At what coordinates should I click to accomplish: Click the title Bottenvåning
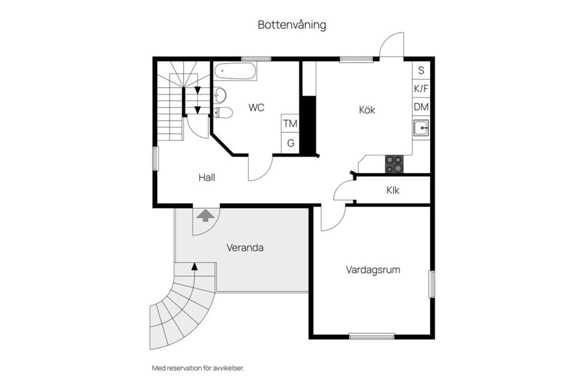[292, 25]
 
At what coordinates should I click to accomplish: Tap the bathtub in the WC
[235, 71]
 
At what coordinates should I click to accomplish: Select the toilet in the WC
[224, 112]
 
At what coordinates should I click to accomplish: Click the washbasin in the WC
[220, 95]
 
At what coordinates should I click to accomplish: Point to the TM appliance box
[291, 124]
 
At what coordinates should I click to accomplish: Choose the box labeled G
[291, 144]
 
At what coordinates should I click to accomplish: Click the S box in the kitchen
[421, 71]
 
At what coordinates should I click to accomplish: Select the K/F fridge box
[421, 89]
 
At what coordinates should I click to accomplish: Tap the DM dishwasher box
[421, 107]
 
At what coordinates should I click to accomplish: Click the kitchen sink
[420, 128]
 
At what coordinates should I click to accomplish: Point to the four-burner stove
[394, 164]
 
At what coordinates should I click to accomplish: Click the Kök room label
[366, 110]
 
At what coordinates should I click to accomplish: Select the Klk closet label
[392, 190]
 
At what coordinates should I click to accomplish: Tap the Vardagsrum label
[373, 269]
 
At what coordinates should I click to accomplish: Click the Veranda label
[245, 248]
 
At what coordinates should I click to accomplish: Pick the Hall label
[207, 178]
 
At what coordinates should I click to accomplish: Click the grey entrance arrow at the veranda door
[205, 214]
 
